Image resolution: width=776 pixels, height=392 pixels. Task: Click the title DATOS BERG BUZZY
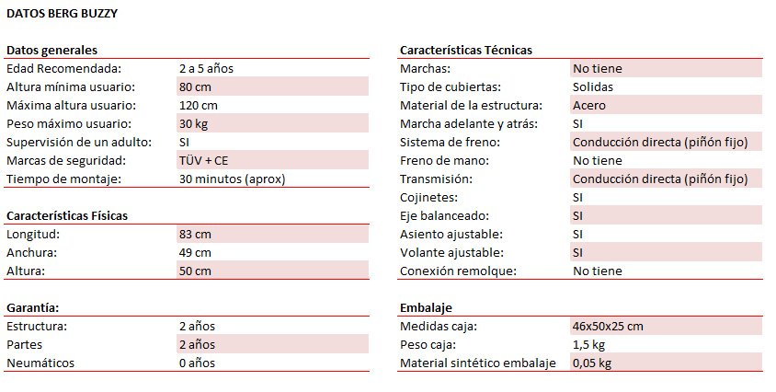(x=62, y=15)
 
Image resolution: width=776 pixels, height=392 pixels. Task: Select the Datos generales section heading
(x=52, y=50)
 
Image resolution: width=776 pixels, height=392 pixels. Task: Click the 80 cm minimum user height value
(x=196, y=86)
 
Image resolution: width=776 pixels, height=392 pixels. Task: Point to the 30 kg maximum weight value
(x=194, y=123)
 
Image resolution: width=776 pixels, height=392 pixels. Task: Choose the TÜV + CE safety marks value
(x=203, y=160)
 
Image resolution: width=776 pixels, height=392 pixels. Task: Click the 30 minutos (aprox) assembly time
(x=233, y=179)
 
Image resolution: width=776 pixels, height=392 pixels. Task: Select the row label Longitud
(x=32, y=234)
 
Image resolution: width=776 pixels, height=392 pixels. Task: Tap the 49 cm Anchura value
(x=196, y=252)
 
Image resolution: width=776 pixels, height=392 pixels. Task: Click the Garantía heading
(x=34, y=307)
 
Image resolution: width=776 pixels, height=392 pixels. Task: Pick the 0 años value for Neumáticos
(x=197, y=363)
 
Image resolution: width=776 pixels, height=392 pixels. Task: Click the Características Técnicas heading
(x=466, y=50)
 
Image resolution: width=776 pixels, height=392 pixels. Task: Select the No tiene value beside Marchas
(x=597, y=68)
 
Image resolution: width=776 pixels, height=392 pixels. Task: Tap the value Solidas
(x=593, y=86)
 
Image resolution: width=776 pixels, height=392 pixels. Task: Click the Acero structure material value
(x=588, y=105)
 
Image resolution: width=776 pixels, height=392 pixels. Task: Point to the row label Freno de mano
(x=444, y=160)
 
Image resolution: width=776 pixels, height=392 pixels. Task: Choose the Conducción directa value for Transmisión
(x=667, y=179)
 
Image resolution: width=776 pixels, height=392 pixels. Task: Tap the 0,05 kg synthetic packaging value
(x=592, y=363)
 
